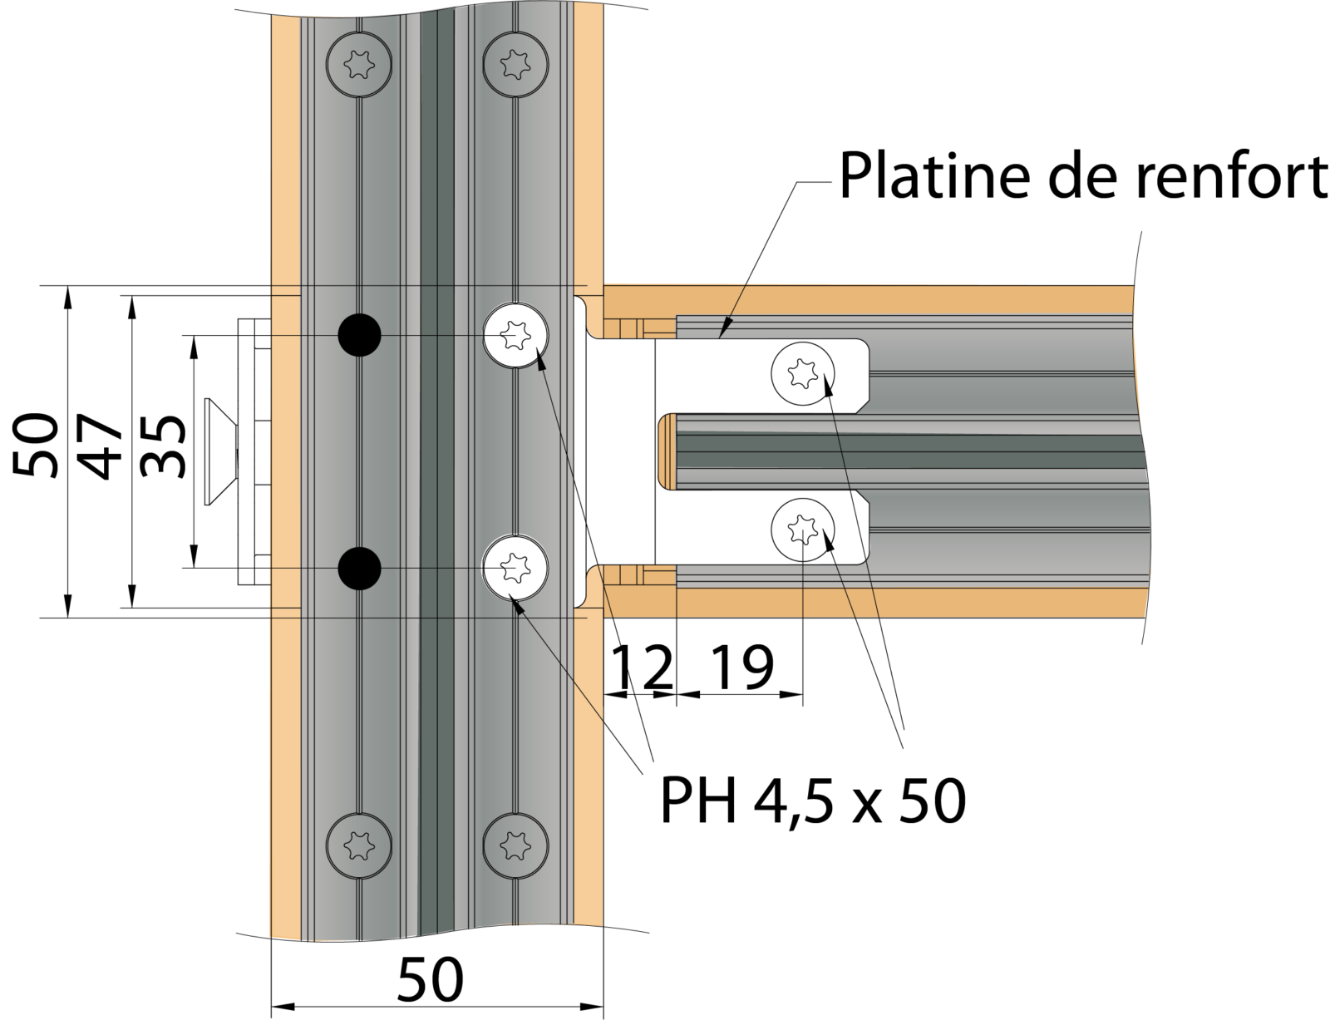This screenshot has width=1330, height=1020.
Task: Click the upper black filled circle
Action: [x=359, y=336]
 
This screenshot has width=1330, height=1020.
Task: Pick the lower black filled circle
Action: [x=359, y=569]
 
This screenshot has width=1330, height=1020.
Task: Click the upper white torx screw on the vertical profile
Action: [x=516, y=336]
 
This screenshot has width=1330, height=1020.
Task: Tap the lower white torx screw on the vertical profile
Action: [x=516, y=569]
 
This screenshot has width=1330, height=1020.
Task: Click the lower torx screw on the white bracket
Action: [x=803, y=529]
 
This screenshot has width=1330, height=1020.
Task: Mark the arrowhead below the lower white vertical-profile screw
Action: [x=517, y=604]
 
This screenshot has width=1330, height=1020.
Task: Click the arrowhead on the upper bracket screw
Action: [x=827, y=383]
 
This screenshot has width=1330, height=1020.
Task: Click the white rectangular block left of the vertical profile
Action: [x=254, y=452]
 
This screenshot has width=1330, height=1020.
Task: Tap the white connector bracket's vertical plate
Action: [x=620, y=452]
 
